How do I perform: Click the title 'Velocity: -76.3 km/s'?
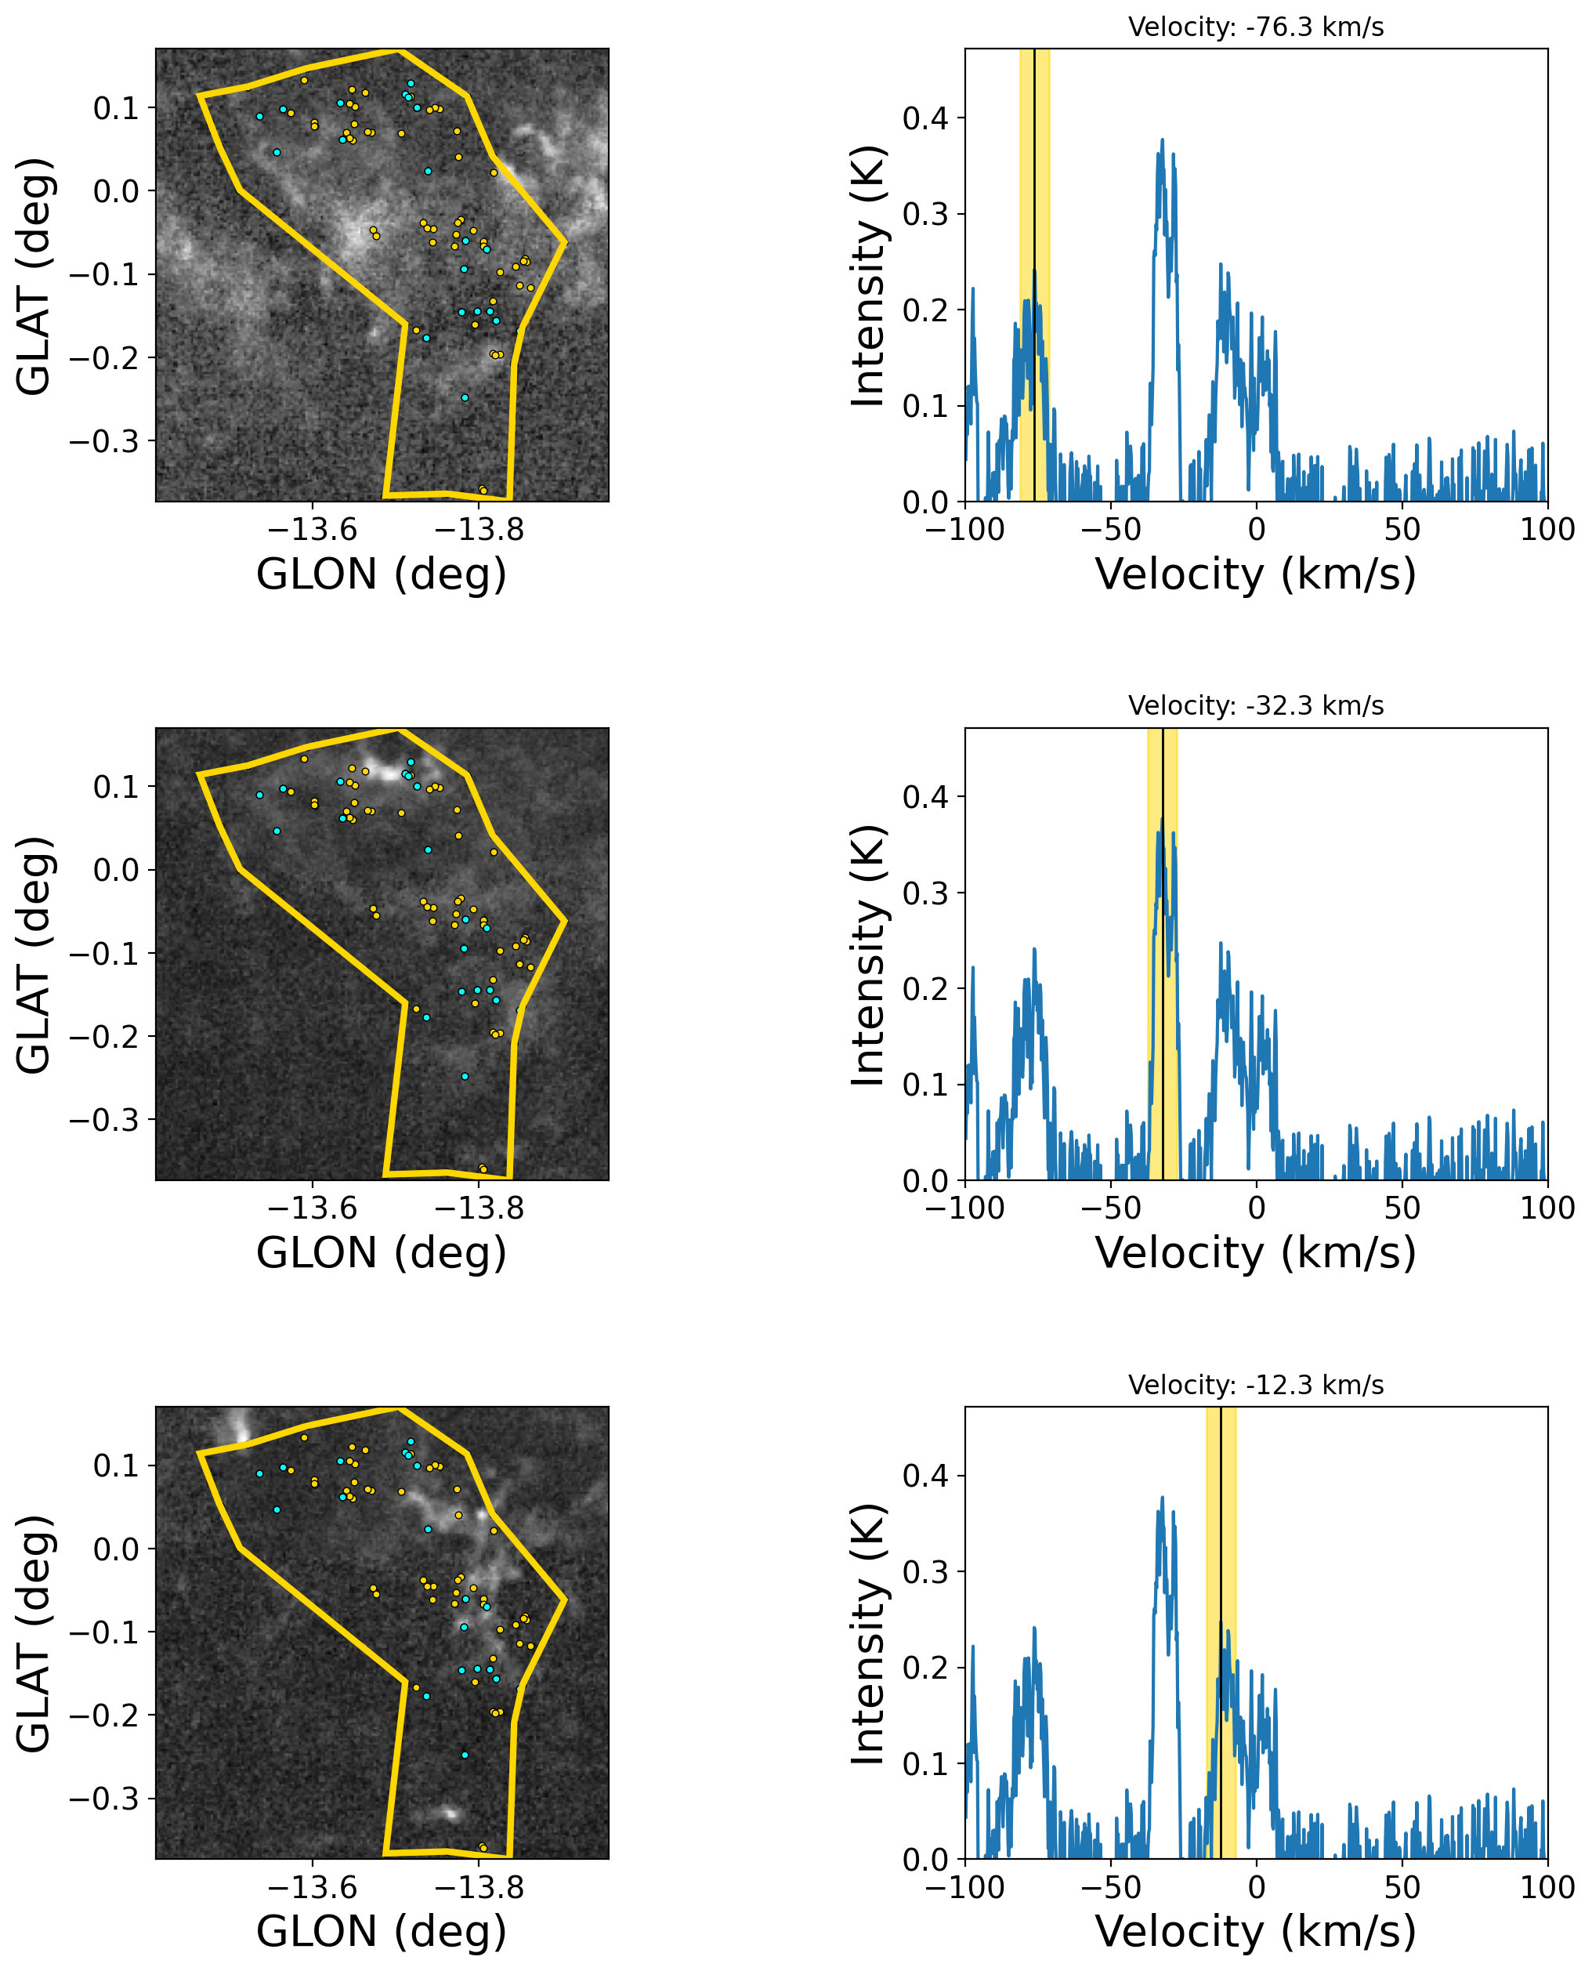pos(1255,27)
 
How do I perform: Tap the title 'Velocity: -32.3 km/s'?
pos(1255,706)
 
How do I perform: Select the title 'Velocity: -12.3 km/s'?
pos(1255,1385)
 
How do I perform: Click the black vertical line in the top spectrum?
pos(1034,275)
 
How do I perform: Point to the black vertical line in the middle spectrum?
pos(1163,954)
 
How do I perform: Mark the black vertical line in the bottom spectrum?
pos(1221,1632)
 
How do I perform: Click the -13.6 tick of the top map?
pos(313,529)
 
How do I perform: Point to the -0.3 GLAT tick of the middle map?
pos(107,1121)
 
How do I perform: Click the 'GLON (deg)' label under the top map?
pos(382,575)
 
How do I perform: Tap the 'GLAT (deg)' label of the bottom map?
pos(34,1633)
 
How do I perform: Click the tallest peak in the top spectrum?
pos(1163,140)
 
